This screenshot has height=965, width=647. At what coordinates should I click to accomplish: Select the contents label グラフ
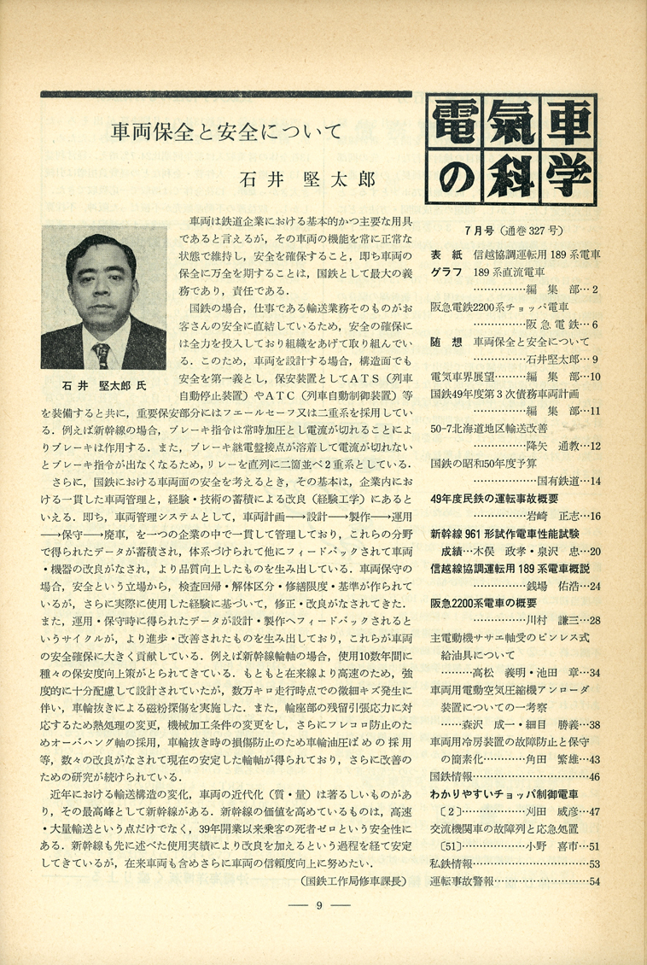[x=448, y=272]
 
